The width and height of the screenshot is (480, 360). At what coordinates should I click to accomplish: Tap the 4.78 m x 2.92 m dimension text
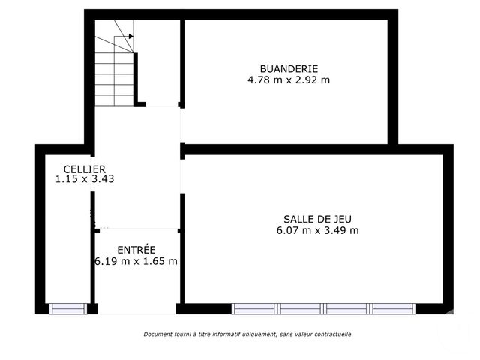(289, 79)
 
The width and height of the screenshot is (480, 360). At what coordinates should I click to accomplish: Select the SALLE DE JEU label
(317, 219)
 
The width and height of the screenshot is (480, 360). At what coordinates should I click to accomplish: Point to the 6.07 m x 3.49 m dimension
(317, 230)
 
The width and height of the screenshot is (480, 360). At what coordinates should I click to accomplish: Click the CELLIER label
(84, 169)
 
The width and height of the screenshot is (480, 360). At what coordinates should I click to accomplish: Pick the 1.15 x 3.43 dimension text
(84, 179)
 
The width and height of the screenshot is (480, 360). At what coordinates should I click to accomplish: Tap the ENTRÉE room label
(136, 250)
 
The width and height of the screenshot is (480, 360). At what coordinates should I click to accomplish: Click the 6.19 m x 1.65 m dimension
(136, 261)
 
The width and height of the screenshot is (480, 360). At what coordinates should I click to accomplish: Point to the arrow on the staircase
(129, 36)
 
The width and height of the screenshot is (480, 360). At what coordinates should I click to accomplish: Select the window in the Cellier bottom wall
(68, 308)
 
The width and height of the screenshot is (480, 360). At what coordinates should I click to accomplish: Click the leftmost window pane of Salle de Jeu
(254, 308)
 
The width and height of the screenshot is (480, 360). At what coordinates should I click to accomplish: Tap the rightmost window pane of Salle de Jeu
(392, 308)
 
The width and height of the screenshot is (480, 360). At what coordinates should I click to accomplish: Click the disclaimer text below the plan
(247, 334)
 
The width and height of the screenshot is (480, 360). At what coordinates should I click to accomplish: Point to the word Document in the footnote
(158, 334)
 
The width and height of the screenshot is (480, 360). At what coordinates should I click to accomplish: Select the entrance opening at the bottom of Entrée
(136, 308)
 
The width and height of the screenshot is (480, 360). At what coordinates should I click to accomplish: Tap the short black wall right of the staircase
(137, 78)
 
